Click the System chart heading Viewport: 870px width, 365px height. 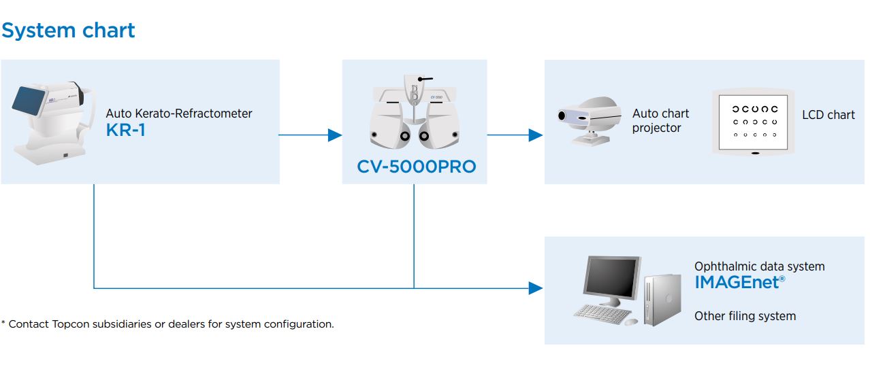pos(68,31)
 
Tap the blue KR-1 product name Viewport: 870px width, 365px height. pos(126,131)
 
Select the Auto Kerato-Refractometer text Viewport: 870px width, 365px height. pos(178,114)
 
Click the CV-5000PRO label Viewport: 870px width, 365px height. pos(416,167)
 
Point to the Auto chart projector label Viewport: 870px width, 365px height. pos(660,120)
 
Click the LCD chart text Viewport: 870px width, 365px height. pos(828,115)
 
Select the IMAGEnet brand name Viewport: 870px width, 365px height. pos(739,282)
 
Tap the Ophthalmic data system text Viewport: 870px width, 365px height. pos(759,266)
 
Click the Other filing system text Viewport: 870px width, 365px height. pos(745,316)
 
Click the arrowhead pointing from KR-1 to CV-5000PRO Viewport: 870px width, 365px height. pos(334,135)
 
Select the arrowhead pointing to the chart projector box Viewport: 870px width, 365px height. pos(536,135)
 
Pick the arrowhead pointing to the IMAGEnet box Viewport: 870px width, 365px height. pos(536,288)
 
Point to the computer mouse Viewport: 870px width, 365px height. pos(631,321)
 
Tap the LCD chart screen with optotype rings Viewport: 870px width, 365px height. pos(753,122)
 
